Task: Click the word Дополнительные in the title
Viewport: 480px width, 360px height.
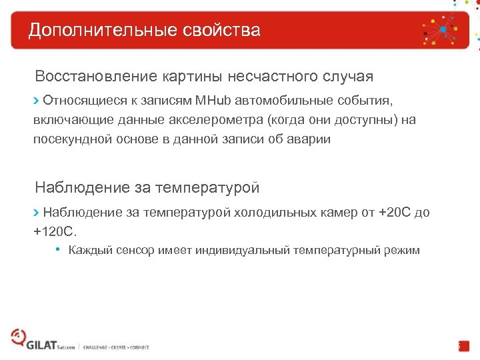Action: (x=91, y=31)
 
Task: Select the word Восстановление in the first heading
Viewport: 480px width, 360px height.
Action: (x=96, y=77)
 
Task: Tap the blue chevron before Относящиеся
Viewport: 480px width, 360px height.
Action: (x=37, y=101)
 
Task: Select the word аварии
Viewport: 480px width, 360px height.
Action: (x=308, y=139)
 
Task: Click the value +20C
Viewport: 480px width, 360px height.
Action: (x=394, y=213)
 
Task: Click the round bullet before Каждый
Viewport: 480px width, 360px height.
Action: (x=59, y=250)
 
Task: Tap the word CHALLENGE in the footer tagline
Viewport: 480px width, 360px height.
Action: (x=98, y=347)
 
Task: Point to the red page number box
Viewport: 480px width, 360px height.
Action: (x=463, y=346)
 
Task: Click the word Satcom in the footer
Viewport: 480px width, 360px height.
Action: (x=67, y=347)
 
